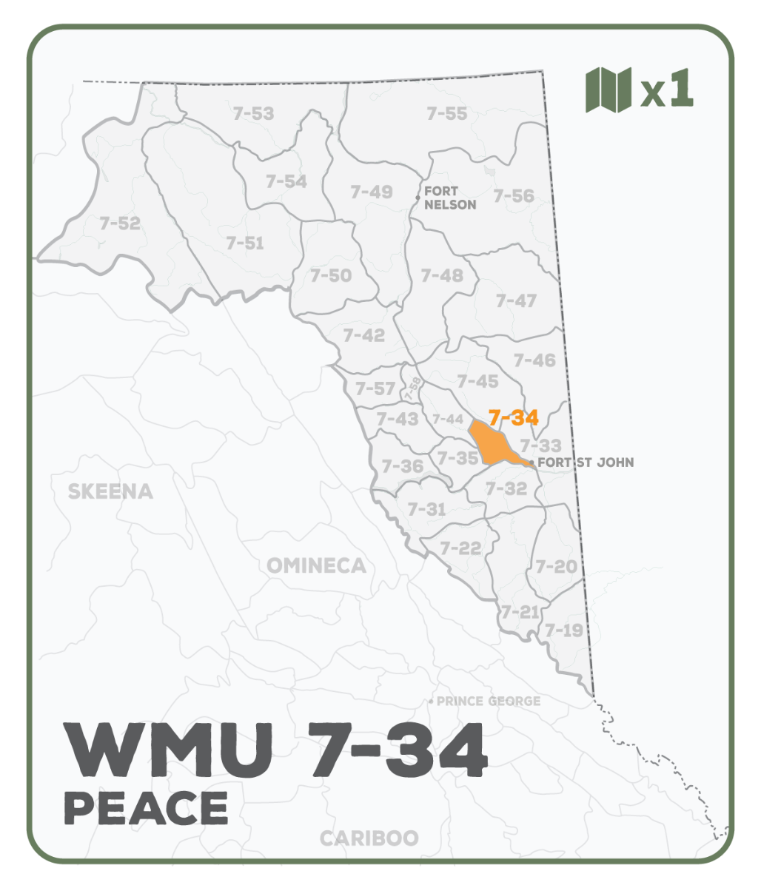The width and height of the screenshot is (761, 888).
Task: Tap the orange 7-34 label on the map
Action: coord(513,417)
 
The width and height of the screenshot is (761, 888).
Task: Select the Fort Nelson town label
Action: coord(450,198)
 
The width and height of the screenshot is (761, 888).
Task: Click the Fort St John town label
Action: coord(586,462)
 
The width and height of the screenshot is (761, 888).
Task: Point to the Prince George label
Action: coord(489,701)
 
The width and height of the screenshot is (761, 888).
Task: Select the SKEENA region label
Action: coord(110,491)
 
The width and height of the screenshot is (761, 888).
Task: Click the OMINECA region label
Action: coord(316,566)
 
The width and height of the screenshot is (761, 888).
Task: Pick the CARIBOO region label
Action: coord(369,838)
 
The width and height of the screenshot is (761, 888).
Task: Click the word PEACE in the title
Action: coord(146,808)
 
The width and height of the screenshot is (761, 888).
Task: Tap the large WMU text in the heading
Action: coord(167,750)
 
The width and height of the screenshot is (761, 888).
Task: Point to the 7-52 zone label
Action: coord(119,223)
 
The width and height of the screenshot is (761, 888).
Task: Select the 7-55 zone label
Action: coord(447,113)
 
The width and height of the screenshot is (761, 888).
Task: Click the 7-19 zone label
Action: coord(564,630)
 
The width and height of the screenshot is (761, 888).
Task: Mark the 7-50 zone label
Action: coord(331,275)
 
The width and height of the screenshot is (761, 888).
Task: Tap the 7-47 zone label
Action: coord(516,300)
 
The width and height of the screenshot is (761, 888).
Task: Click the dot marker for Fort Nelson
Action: coord(418,198)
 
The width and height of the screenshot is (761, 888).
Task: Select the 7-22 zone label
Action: coord(460,548)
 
